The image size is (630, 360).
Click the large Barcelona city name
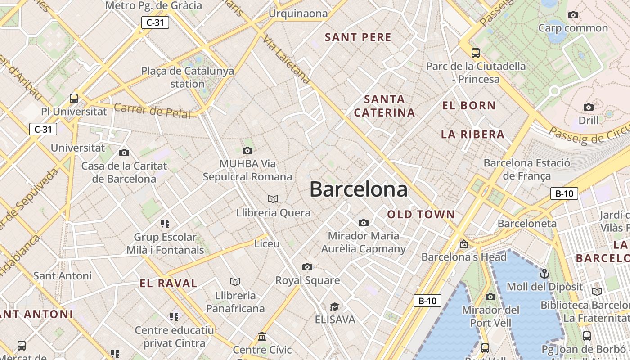click(x=359, y=189)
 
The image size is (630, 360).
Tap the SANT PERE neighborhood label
click(x=358, y=37)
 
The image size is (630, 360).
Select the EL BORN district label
click(x=469, y=106)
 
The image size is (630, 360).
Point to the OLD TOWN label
click(x=421, y=215)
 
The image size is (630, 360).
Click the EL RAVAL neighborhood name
click(x=168, y=283)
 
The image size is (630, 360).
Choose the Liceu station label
click(x=267, y=244)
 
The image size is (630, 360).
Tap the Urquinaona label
click(x=298, y=13)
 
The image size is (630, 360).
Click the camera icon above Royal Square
click(x=307, y=267)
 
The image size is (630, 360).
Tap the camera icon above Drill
click(x=588, y=107)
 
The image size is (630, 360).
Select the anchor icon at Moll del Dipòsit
click(x=544, y=273)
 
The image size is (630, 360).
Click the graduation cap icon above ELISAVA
click(x=334, y=306)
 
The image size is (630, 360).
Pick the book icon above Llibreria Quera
click(x=273, y=199)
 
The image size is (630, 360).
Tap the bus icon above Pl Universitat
click(x=74, y=98)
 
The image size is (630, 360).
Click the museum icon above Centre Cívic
click(x=262, y=337)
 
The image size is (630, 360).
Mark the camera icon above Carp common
click(x=573, y=15)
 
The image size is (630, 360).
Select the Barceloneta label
click(x=527, y=223)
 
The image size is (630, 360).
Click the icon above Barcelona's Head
click(x=464, y=244)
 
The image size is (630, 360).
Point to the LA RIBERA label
click(x=472, y=135)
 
